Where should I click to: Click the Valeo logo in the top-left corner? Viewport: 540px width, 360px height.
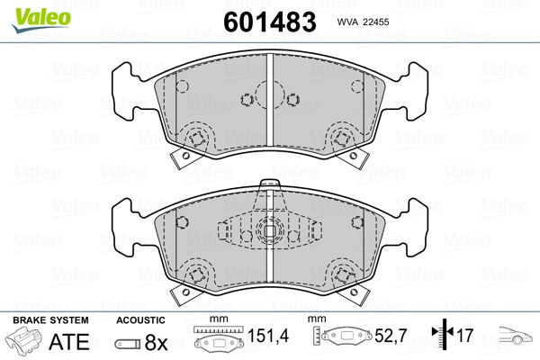tap(31, 13)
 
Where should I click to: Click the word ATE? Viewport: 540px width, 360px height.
tap(67, 341)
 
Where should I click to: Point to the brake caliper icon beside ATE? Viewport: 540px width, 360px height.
tap(23, 342)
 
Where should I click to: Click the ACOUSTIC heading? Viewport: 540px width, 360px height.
tap(140, 320)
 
